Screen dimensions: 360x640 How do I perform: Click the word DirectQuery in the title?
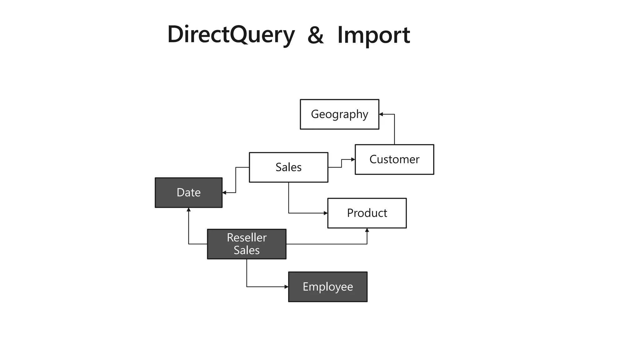coord(231,35)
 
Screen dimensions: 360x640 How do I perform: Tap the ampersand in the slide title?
coord(315,35)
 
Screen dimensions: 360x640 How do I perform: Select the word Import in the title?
coord(373,35)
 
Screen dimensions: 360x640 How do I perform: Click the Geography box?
coord(339,114)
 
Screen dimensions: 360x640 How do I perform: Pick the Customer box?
coord(394,159)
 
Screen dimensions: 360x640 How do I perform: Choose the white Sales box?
coord(288,167)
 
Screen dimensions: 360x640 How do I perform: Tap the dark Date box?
coord(188,192)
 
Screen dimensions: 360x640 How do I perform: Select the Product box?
coord(367,213)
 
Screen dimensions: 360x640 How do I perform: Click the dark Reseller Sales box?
coord(247,244)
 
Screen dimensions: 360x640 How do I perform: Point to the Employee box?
coord(327,287)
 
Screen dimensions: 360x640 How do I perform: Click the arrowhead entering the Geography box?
coord(381,114)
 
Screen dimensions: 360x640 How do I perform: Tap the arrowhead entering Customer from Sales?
coord(353,159)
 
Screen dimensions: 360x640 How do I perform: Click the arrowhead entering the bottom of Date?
coord(188,210)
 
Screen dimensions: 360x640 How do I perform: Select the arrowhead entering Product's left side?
coord(326,213)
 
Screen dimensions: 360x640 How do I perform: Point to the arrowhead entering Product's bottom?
coord(367,230)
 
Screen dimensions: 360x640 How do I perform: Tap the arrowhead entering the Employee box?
coord(286,287)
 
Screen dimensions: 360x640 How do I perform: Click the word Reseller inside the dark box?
coord(247,238)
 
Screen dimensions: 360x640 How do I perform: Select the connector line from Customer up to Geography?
coord(394,131)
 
